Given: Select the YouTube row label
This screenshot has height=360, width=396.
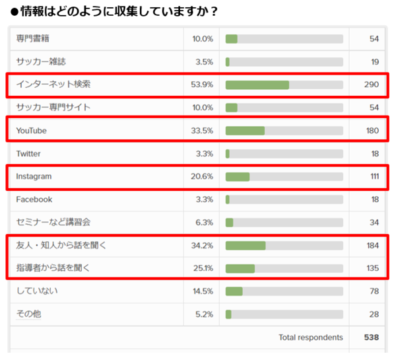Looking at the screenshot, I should (32, 131).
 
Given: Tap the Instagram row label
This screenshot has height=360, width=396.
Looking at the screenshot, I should (34, 177).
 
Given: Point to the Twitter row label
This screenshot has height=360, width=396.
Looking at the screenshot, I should (28, 153).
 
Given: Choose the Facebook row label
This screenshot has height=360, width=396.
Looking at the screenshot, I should (34, 199).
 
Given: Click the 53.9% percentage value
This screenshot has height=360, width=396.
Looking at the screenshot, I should (202, 85).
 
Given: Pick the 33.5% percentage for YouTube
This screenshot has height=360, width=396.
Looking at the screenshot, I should (202, 131).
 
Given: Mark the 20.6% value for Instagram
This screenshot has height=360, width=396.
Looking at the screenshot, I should (202, 177).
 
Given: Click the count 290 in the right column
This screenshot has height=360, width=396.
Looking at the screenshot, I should (372, 85).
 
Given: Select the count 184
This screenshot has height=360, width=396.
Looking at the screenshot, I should (372, 246).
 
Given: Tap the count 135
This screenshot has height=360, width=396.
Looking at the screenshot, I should (372, 268).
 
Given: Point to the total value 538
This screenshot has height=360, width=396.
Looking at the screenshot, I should (372, 338).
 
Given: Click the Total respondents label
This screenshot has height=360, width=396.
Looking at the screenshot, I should (311, 338).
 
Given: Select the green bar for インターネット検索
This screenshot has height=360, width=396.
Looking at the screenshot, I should (257, 85).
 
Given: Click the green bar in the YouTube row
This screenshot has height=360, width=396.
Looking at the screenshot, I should (245, 131).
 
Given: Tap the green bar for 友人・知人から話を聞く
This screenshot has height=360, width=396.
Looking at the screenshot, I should (246, 246).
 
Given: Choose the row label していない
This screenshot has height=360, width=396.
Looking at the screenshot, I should (34, 291).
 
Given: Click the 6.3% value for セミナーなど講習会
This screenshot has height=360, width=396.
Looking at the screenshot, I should (203, 223).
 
